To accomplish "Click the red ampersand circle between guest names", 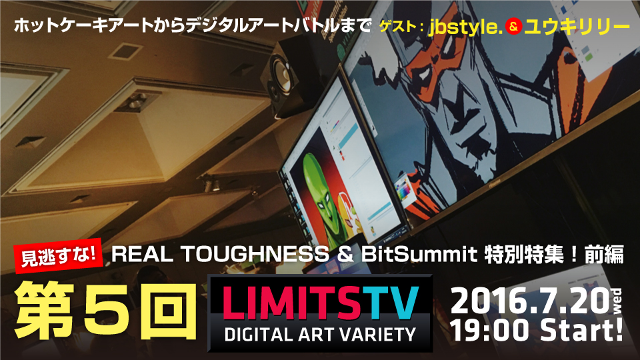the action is click(513, 27).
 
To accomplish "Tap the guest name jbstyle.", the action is click(465, 27).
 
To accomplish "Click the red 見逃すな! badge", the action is click(58, 256).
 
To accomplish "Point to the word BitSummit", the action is click(419, 254).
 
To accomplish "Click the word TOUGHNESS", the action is click(255, 254).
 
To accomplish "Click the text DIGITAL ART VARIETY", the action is click(320, 335).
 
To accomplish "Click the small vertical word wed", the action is click(617, 301).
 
